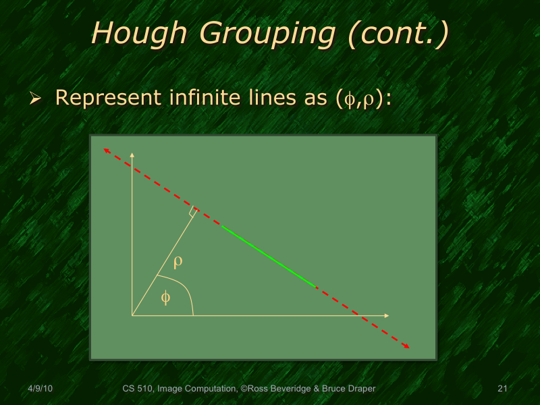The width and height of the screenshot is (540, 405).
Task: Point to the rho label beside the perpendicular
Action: pos(178,261)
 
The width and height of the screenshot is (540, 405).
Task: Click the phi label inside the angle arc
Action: pos(165,297)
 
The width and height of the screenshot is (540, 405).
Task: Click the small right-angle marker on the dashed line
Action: pos(193,212)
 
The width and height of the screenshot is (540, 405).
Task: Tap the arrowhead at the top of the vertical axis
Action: pos(132,155)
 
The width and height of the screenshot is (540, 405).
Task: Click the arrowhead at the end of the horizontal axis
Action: pos(387,315)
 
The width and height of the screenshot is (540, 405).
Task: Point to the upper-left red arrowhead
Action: pos(105,150)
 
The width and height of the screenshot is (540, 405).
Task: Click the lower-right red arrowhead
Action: pos(407,346)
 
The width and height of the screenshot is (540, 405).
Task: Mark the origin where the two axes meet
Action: pos(132,315)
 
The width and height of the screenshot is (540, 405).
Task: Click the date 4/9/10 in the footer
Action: pos(40,389)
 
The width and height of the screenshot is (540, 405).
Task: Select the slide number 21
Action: pos(502,389)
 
